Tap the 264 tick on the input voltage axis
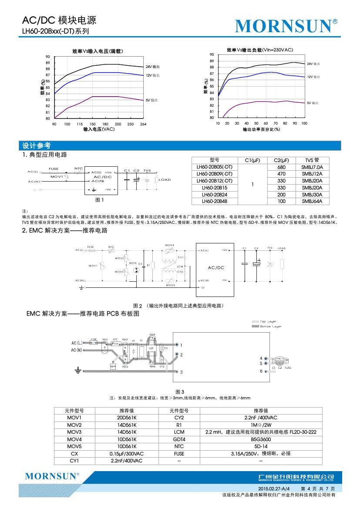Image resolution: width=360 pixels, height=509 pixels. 143,124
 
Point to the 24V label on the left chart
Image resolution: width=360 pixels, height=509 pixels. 152,67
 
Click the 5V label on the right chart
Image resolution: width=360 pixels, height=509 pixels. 312,103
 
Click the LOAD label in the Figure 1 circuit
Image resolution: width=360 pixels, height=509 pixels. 165,180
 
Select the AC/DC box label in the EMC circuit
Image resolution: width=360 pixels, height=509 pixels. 216,267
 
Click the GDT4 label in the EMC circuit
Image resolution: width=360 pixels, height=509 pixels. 133,263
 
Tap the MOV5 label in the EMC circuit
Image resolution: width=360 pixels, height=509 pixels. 170,285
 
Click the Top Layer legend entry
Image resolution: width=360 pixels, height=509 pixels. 269,322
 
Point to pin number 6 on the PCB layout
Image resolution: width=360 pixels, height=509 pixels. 261,371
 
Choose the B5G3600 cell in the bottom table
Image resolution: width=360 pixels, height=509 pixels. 261,439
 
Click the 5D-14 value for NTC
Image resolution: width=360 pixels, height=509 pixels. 261,446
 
